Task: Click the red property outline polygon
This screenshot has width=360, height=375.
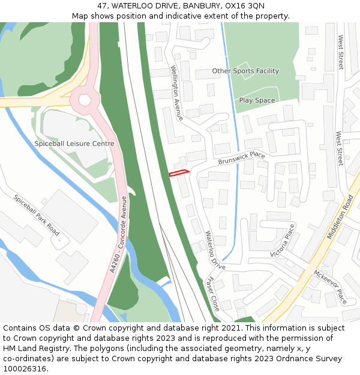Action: point(179,173)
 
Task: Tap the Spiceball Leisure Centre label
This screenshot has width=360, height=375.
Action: point(74,144)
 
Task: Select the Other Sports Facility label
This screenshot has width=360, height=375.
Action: point(245,71)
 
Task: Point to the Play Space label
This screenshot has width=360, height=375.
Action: point(257,100)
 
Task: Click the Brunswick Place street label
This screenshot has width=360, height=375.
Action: point(241,158)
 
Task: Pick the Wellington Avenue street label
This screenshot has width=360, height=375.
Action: point(176,93)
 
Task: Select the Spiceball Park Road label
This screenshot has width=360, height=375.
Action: point(37,215)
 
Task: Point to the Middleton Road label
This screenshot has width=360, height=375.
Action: point(340,217)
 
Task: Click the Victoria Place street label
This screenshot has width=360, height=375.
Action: point(283,241)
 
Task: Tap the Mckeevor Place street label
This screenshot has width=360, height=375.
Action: point(329,287)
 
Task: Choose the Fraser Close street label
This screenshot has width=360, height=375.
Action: point(212,294)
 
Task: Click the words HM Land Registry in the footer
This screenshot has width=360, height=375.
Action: point(31,349)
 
